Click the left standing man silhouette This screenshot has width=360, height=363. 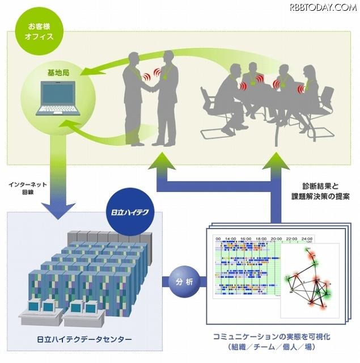coord(134,96)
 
